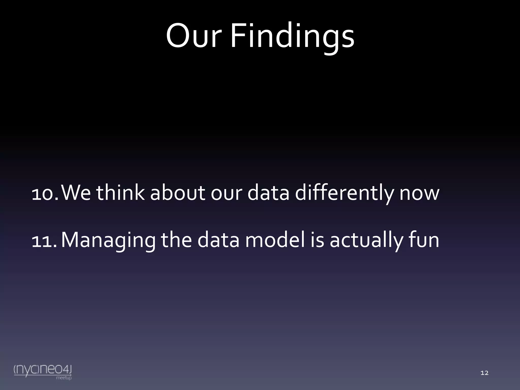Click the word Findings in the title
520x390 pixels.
pos(292,36)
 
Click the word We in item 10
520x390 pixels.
pos(76,193)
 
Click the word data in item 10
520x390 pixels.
pos(268,193)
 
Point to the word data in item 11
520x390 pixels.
pos(218,240)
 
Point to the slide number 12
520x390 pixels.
pos(484,373)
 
